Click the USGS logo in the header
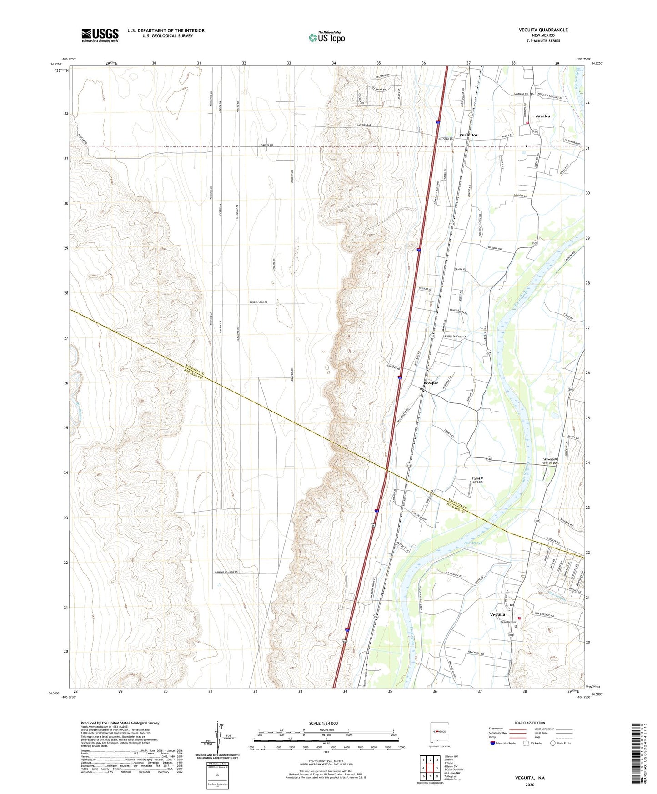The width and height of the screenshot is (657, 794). pyautogui.click(x=100, y=35)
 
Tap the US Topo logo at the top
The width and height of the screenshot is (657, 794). pyautogui.click(x=326, y=37)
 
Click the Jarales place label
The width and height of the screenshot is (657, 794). pyautogui.click(x=542, y=116)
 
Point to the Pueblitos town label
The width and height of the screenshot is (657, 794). pyautogui.click(x=468, y=135)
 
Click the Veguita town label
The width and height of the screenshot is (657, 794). pyautogui.click(x=497, y=614)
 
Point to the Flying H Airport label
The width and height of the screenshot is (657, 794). pyautogui.click(x=477, y=480)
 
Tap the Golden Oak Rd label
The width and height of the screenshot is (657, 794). pyautogui.click(x=258, y=302)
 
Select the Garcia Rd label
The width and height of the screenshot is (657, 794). pyautogui.click(x=267, y=145)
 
